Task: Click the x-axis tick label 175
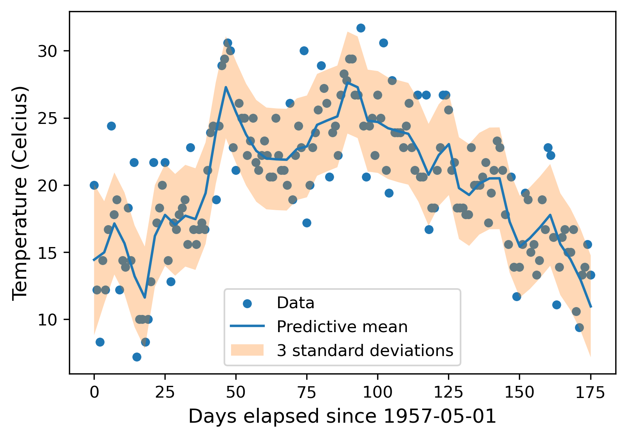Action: tap(590, 393)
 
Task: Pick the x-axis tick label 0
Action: tap(94, 393)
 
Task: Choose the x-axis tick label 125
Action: tap(448, 393)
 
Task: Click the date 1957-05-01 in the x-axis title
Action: tap(440, 416)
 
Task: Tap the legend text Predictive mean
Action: tap(342, 327)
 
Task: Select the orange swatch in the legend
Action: tap(247, 350)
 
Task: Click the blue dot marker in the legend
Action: tap(247, 303)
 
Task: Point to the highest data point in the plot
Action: tap(361, 28)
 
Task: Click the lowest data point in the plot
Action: tap(137, 357)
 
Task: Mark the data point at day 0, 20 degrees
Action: tap(94, 185)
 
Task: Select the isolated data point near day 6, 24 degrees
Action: tap(111, 126)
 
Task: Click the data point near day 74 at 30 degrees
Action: tap(304, 51)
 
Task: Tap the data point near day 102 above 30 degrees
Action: tap(383, 43)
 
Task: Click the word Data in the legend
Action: tap(295, 303)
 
